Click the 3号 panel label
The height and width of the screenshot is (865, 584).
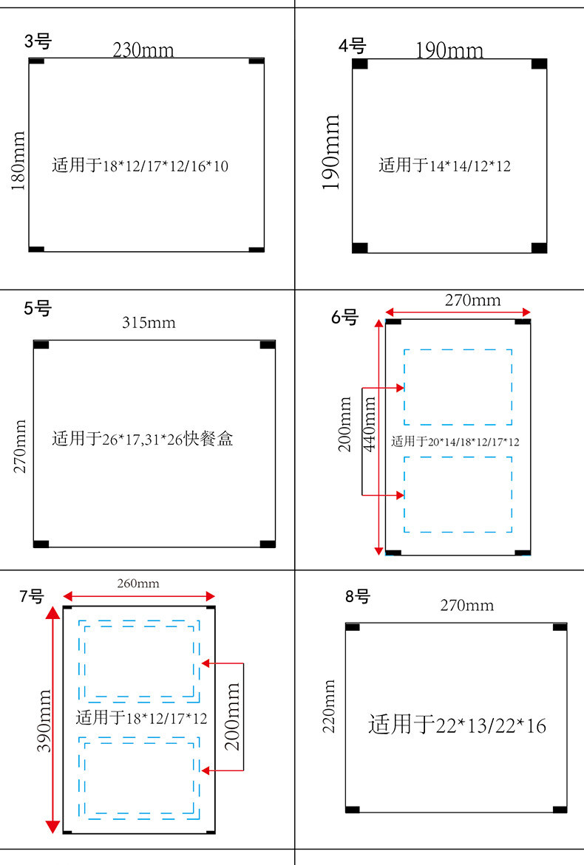[38, 41]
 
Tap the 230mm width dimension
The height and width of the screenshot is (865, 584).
[143, 50]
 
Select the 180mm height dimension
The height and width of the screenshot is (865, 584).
[18, 160]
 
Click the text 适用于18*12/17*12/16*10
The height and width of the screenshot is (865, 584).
[140, 165]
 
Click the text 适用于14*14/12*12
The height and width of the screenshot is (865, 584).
[444, 165]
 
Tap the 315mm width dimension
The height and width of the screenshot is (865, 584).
[149, 323]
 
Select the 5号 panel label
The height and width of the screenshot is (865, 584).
[38, 308]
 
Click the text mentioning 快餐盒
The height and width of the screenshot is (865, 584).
[143, 440]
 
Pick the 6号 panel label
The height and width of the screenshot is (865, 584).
[344, 318]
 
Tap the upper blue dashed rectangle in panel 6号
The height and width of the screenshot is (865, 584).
[458, 387]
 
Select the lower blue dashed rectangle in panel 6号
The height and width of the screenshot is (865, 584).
[458, 494]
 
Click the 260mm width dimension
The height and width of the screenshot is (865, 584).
[138, 584]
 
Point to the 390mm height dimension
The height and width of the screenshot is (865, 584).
[44, 720]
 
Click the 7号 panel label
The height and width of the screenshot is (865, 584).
[32, 596]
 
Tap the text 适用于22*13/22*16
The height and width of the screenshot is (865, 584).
[457, 725]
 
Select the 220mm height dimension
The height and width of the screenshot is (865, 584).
[329, 706]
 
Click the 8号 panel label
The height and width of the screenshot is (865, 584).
[358, 596]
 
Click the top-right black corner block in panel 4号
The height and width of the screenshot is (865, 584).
[539, 64]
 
